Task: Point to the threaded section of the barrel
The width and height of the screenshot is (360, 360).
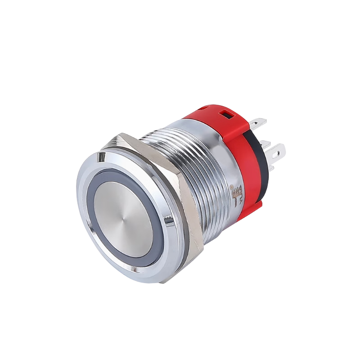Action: point(180,153)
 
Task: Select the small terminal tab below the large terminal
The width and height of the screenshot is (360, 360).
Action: point(271,167)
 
